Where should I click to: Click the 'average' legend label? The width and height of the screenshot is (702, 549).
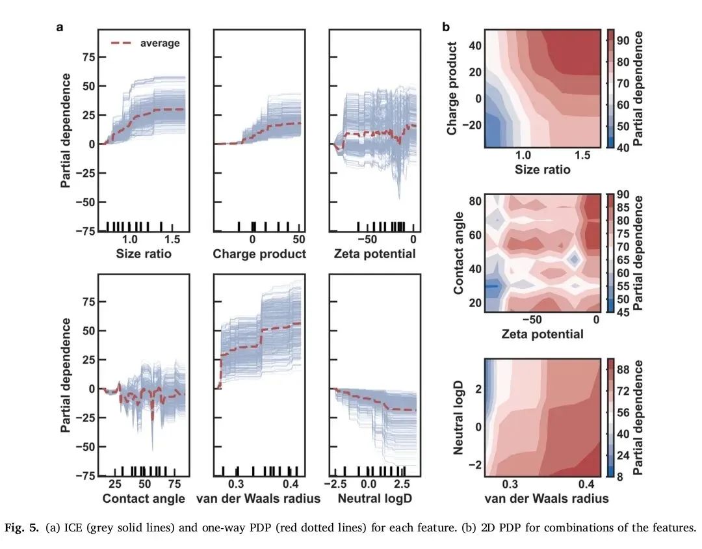point(160,43)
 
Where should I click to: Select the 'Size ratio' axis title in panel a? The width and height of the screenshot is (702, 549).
point(144,254)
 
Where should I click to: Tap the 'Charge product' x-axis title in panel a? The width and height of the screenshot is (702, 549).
point(259,254)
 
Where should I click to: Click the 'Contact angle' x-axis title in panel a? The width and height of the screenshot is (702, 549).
point(144,499)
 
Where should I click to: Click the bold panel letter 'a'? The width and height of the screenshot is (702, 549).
point(60,27)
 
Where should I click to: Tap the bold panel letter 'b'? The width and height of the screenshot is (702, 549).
point(446,27)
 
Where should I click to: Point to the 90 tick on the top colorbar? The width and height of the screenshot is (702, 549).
point(623,40)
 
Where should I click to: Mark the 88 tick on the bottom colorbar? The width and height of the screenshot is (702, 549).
point(623,368)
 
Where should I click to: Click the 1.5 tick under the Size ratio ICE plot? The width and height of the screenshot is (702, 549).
point(172,239)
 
